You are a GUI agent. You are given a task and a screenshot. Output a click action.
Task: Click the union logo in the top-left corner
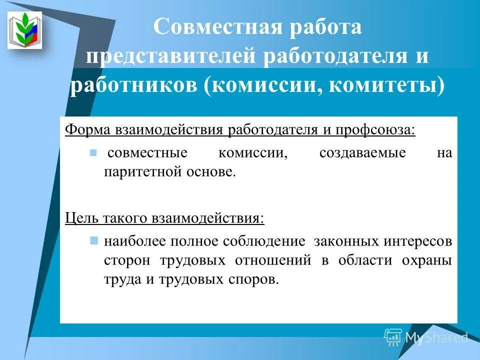point(24,30)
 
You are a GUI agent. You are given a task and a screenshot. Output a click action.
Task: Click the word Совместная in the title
point(218,27)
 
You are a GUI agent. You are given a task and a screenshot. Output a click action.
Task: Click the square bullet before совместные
point(92,152)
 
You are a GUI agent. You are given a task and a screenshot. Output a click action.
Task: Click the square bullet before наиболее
point(93,241)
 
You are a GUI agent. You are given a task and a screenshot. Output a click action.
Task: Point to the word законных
point(345,241)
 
